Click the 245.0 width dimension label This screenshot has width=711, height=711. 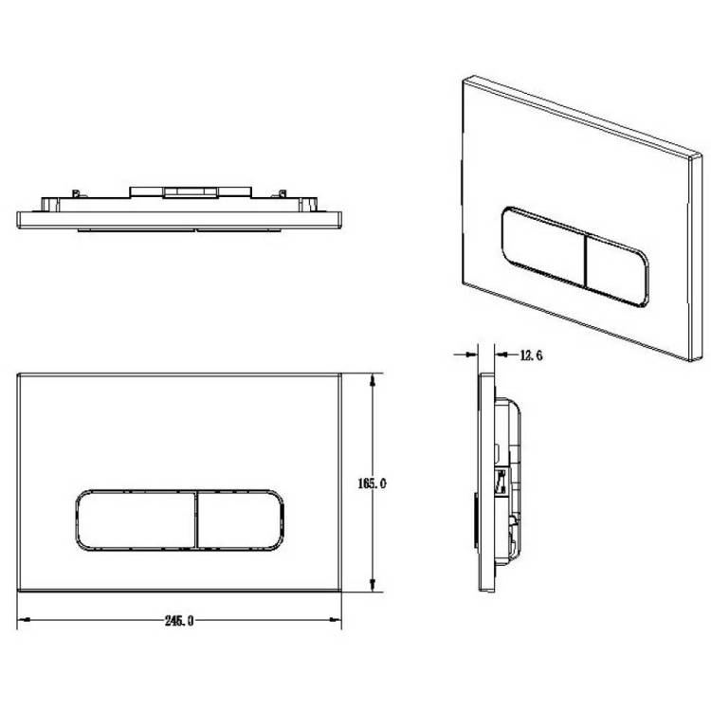tap(179, 620)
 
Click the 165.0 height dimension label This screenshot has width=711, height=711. tap(372, 483)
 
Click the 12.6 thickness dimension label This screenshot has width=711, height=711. tap(531, 355)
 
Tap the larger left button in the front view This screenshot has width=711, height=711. tap(136, 520)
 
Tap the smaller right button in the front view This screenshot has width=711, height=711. tap(241, 520)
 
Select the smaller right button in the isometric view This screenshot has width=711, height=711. tap(617, 270)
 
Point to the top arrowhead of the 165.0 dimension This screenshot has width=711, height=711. tap(373, 380)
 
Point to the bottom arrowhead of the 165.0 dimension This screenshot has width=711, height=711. tap(373, 585)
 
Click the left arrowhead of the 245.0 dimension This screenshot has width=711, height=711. tap(24, 619)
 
